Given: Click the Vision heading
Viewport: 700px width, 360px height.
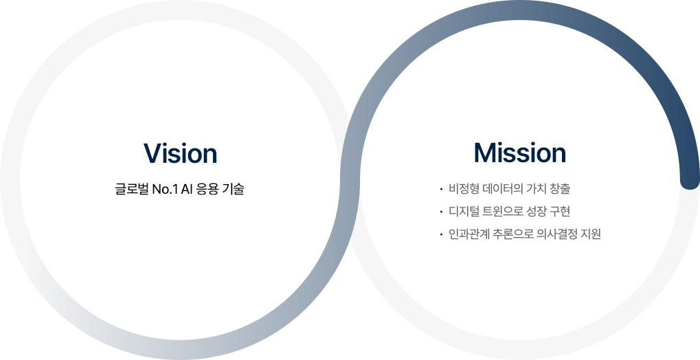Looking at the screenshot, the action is coord(181,153).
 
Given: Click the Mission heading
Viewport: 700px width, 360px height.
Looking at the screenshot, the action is coord(519,153).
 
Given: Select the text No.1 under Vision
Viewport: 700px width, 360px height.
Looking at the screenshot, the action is coord(165,189).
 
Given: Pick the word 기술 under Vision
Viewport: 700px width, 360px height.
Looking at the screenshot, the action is coord(233,189).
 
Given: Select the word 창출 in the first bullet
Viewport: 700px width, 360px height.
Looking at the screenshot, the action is coord(560,188).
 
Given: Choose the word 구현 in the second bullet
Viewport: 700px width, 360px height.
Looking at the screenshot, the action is coord(560,211).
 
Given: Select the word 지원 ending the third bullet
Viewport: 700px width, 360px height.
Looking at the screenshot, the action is coord(590,234).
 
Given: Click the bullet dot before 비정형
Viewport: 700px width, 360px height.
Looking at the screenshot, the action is coord(440,189).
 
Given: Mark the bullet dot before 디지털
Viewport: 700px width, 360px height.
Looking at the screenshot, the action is coord(440,212).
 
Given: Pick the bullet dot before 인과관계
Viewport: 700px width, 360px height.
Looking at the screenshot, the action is coord(440,234).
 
